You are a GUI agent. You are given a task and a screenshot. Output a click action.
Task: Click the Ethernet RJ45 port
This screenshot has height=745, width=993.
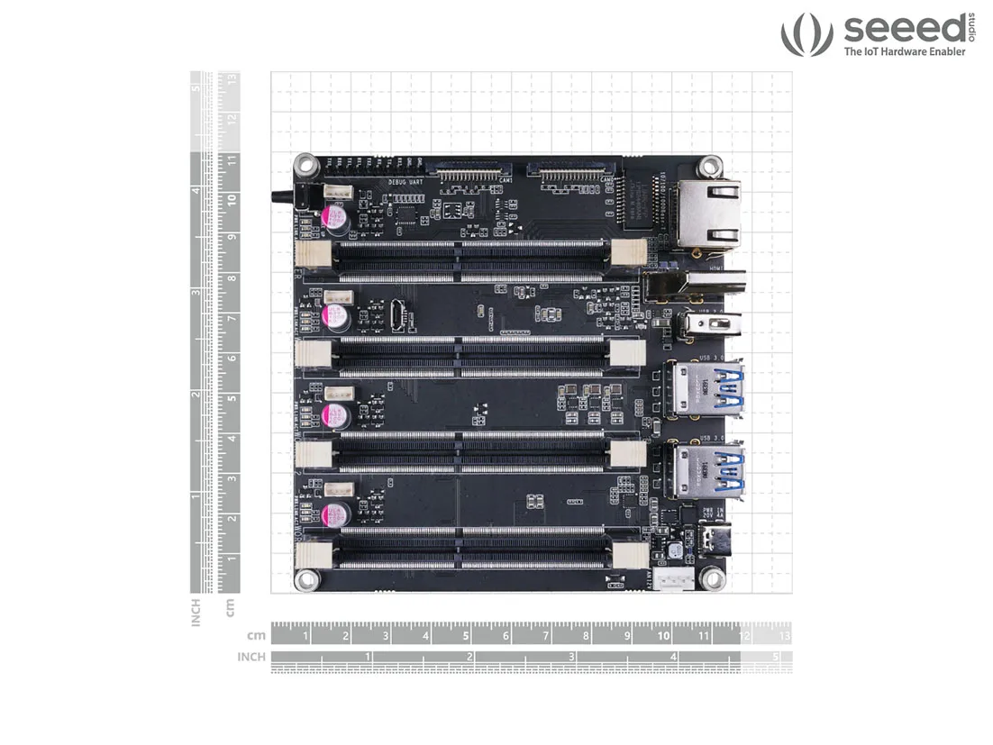pyautogui.click(x=710, y=213)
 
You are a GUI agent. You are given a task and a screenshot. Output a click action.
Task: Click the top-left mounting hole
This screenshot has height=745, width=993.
pyautogui.click(x=305, y=165)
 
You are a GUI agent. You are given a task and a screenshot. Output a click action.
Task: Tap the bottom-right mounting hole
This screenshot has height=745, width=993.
pyautogui.click(x=714, y=577)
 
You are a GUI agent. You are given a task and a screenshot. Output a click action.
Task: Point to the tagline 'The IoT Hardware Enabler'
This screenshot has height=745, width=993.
pyautogui.click(x=904, y=52)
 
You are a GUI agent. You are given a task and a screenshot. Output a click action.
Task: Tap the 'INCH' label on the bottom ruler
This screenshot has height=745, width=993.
pyautogui.click(x=251, y=657)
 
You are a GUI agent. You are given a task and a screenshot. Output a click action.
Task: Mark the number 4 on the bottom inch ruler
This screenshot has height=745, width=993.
pyautogui.click(x=673, y=657)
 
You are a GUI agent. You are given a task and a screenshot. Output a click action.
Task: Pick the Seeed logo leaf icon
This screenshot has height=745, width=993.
pyautogui.click(x=806, y=34)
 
